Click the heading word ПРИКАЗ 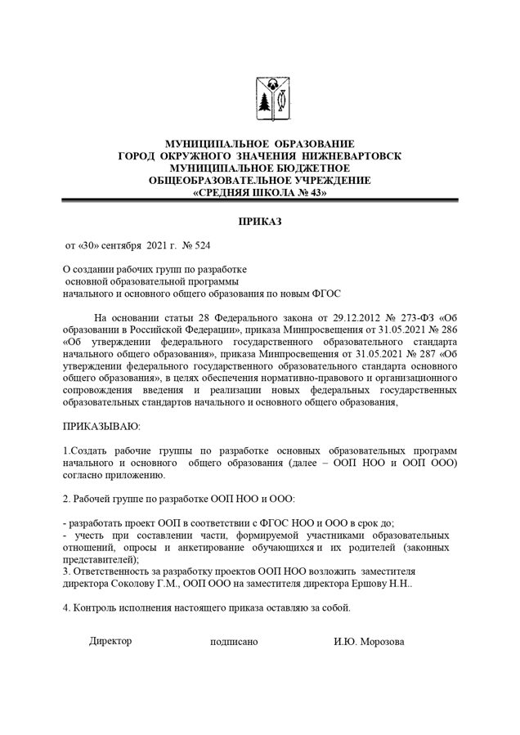tap(259, 222)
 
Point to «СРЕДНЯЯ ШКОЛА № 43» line tap(259, 193)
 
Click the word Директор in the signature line tap(110, 641)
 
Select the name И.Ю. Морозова tap(369, 642)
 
